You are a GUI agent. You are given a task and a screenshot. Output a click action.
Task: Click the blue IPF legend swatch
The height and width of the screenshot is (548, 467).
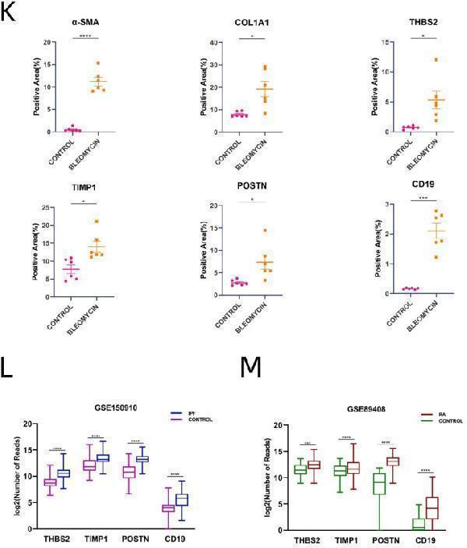pyautogui.click(x=176, y=412)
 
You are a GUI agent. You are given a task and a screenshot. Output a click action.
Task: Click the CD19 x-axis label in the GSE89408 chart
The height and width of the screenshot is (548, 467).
pyautogui.click(x=425, y=540)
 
